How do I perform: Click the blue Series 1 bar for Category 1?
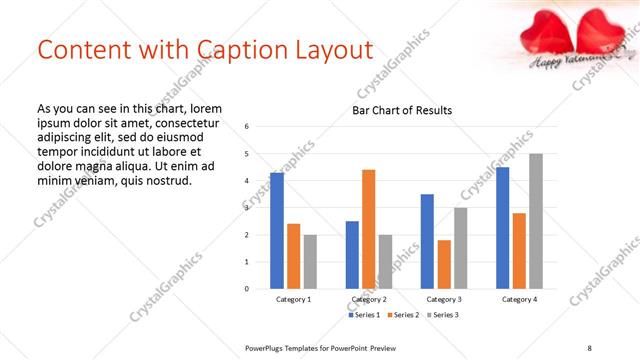click(277, 231)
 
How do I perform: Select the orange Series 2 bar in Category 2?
click(369, 229)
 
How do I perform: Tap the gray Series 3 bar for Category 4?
click(536, 221)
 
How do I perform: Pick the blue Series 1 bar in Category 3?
click(427, 241)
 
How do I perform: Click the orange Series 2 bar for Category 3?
click(444, 264)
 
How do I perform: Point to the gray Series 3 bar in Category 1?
click(311, 262)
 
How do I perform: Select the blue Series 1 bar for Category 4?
click(502, 228)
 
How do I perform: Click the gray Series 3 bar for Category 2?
click(386, 262)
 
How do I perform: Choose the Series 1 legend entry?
click(364, 315)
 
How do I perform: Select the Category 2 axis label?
click(369, 299)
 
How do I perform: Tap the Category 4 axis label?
click(519, 299)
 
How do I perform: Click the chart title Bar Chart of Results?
click(402, 110)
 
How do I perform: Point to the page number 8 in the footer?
click(589, 347)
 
